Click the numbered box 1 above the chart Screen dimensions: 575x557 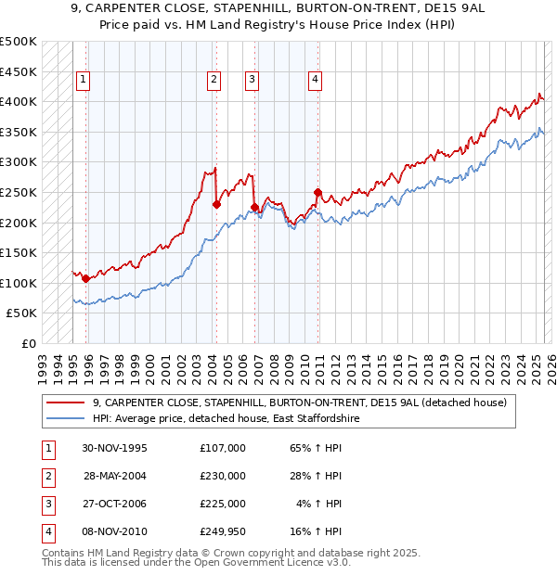point(84,80)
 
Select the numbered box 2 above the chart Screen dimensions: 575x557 point(214,80)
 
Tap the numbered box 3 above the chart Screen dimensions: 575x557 point(252,80)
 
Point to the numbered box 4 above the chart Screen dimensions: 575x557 point(316,80)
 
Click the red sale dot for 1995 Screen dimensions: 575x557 point(85,278)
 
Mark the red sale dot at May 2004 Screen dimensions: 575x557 point(215,204)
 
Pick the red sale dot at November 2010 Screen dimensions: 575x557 point(317,192)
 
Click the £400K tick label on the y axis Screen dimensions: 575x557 point(19,100)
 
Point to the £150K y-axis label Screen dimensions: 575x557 point(19,252)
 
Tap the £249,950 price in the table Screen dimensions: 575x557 point(223,531)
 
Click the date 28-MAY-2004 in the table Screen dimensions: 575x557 point(115,476)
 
